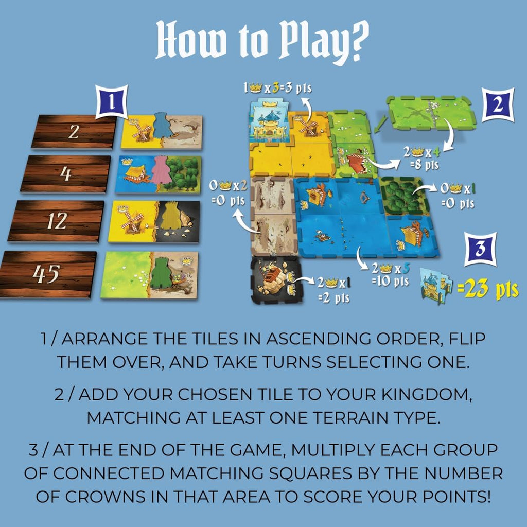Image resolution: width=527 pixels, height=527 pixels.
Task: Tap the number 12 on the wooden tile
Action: point(57,221)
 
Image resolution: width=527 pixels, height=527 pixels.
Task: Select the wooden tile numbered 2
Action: point(74,131)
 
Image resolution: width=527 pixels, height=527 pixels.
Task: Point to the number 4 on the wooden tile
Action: point(66,174)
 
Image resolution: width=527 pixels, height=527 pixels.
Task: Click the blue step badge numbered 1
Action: point(112,102)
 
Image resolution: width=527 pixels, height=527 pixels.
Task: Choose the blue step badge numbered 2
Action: point(498,104)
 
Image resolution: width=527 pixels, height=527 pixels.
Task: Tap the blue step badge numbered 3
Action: point(480,249)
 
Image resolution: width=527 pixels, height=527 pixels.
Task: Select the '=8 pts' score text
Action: point(424,165)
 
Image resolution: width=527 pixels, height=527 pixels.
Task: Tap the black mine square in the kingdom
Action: point(276,279)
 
